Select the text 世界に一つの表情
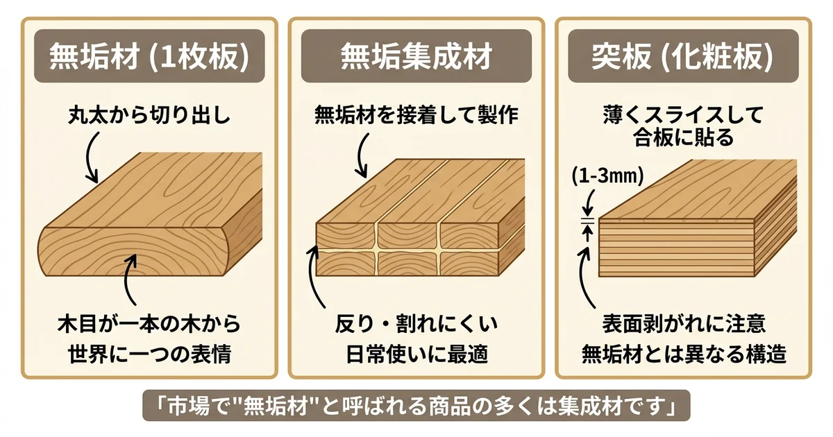click(149, 354)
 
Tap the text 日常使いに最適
click(416, 354)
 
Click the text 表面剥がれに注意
click(683, 324)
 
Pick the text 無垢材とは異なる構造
click(683, 354)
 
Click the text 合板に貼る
click(683, 138)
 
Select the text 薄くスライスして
click(683, 114)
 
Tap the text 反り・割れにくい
click(416, 324)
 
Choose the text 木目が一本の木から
click(149, 324)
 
